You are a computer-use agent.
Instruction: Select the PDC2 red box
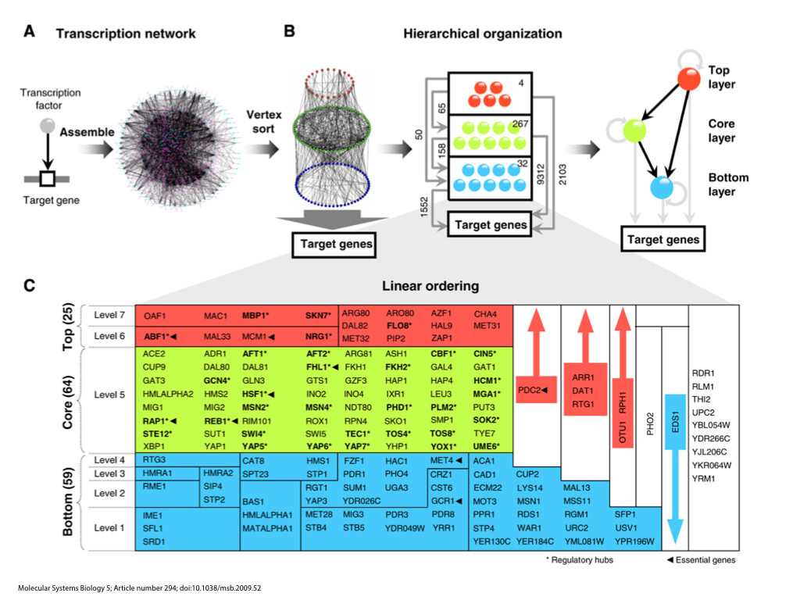click(x=534, y=389)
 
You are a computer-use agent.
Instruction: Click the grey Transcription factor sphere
click(x=47, y=126)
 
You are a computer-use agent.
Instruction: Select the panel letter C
click(x=30, y=286)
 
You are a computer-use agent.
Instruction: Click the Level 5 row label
click(x=109, y=395)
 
